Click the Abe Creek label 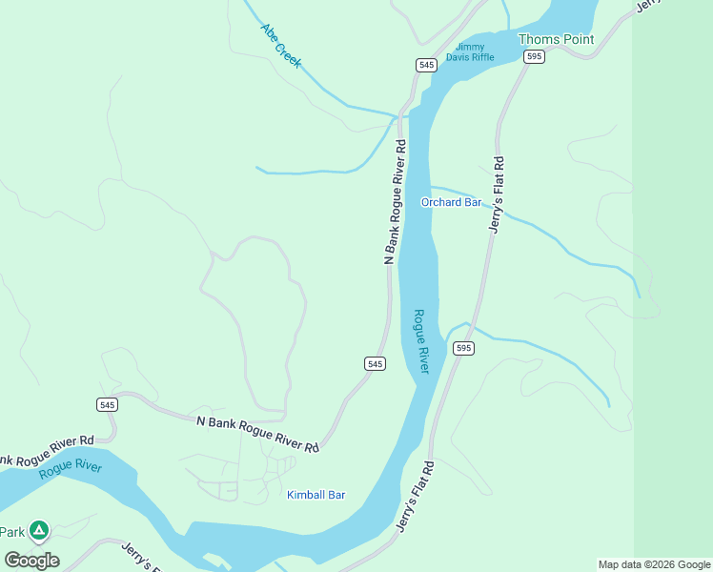(281, 45)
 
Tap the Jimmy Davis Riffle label (475, 51)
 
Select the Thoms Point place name (556, 39)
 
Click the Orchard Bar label (452, 202)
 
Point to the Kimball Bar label (316, 495)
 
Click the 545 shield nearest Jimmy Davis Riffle (426, 65)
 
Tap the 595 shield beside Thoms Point (534, 57)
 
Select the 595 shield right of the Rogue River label (463, 349)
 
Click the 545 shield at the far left (107, 405)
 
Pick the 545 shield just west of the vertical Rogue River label (375, 364)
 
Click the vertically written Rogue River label (421, 340)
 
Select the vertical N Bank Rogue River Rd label (396, 202)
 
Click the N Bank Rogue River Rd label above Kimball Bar (257, 434)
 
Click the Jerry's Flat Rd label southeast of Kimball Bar (416, 497)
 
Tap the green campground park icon (38, 529)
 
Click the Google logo (31, 560)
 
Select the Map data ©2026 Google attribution (654, 564)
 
